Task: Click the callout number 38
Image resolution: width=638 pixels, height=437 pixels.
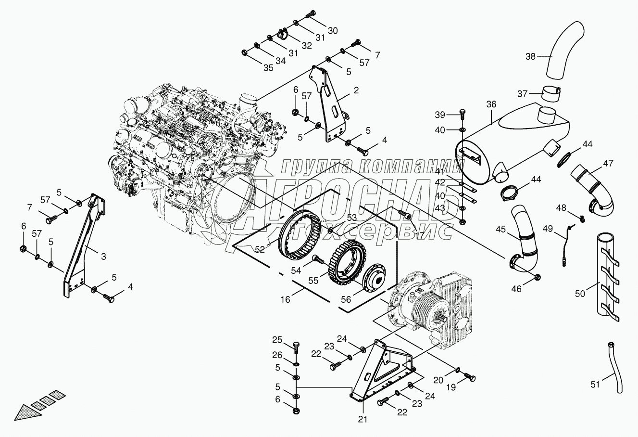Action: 530,56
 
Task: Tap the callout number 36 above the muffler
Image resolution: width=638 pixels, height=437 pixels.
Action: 491,104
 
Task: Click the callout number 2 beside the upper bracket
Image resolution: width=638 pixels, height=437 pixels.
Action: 356,90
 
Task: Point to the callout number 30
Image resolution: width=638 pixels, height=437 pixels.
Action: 333,30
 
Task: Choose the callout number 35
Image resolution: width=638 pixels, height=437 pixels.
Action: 268,68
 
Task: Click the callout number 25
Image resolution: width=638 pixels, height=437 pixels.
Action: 277,341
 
